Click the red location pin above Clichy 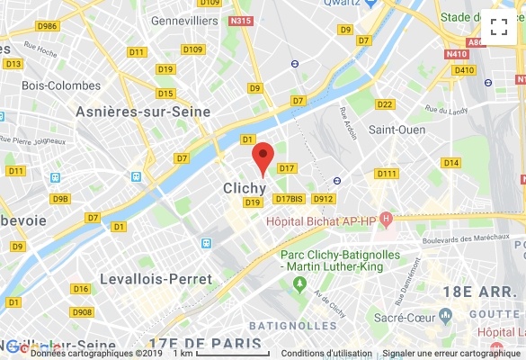(262, 157)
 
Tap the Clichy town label (244, 188)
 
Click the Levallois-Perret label (156, 279)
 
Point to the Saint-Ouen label (397, 130)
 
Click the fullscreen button (499, 27)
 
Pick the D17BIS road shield (290, 199)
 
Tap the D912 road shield (324, 199)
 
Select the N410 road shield (458, 53)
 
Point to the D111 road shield (388, 174)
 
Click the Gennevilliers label (185, 20)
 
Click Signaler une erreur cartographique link (451, 354)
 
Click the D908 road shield (82, 311)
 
